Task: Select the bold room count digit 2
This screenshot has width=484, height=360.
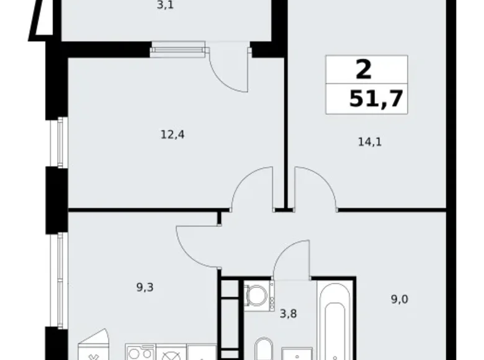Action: coord(364,69)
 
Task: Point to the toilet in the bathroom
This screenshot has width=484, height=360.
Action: coord(264,349)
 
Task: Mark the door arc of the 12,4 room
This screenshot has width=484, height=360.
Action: coord(253,187)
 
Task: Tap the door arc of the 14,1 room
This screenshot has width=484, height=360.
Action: coord(315,187)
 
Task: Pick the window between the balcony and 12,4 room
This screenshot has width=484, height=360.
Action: coord(177,49)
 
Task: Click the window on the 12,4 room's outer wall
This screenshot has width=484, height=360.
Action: coord(60,142)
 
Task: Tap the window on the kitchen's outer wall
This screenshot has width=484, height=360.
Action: coord(60,280)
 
